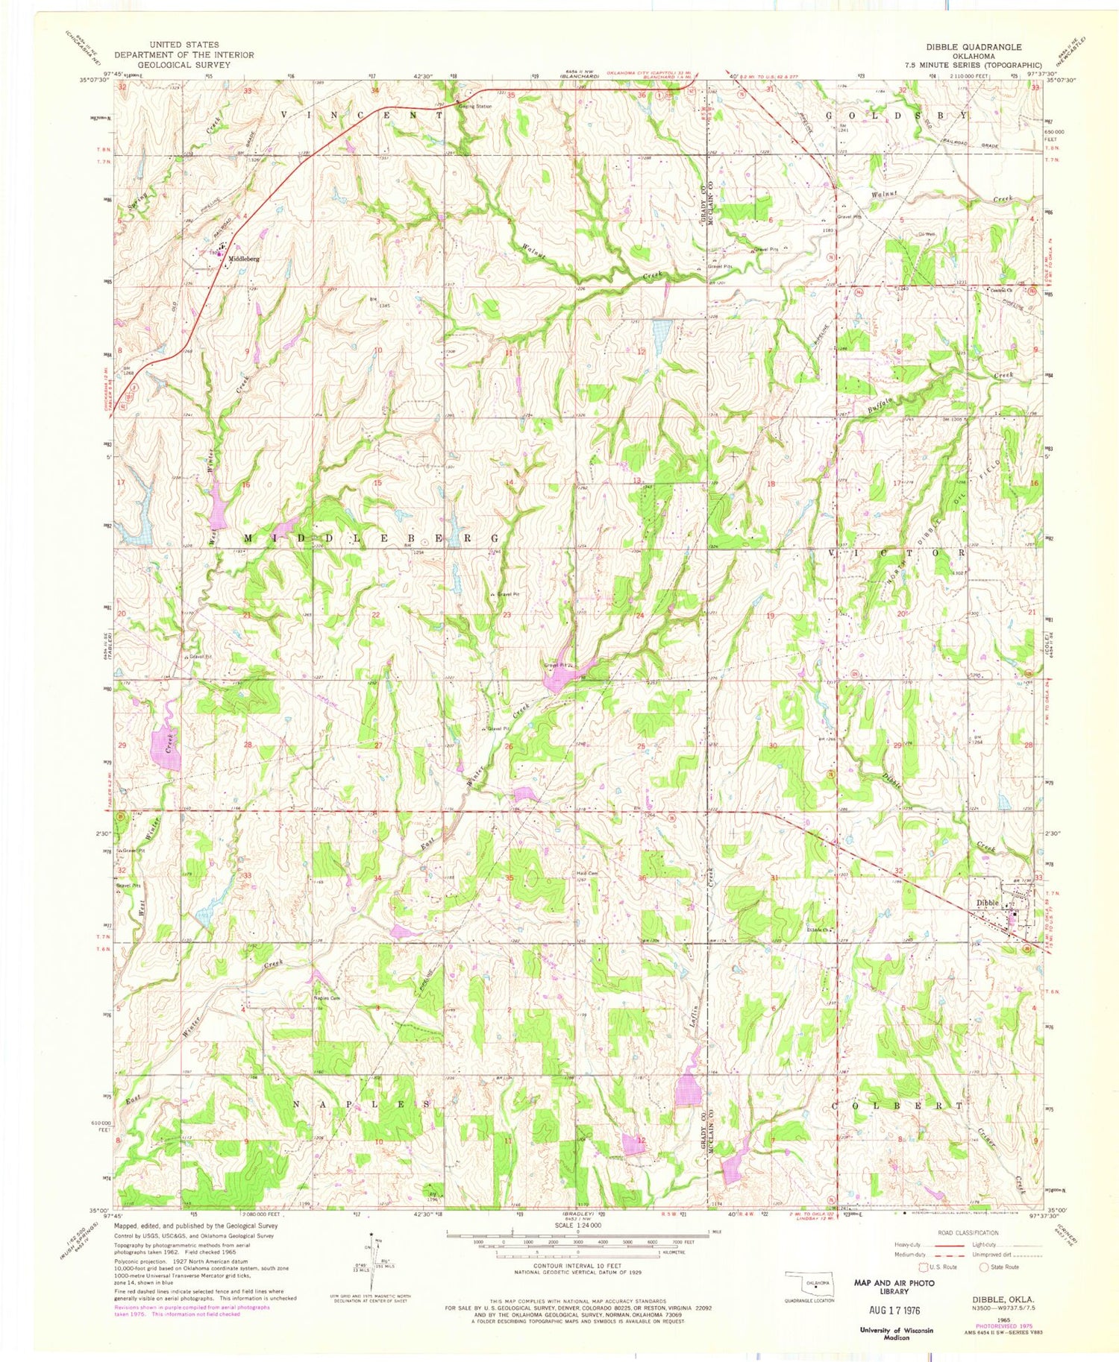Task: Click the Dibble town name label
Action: point(986,903)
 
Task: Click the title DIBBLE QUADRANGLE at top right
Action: point(974,46)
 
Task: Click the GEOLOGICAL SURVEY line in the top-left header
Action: point(184,65)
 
